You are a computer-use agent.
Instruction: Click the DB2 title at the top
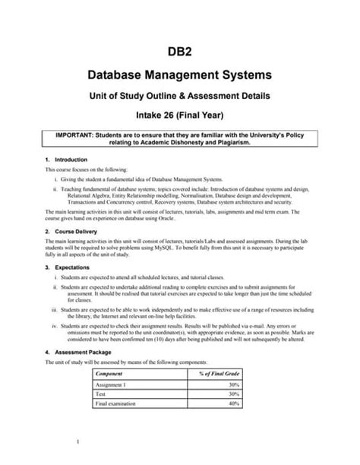[180, 52]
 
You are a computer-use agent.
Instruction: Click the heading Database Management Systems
[180, 76]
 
